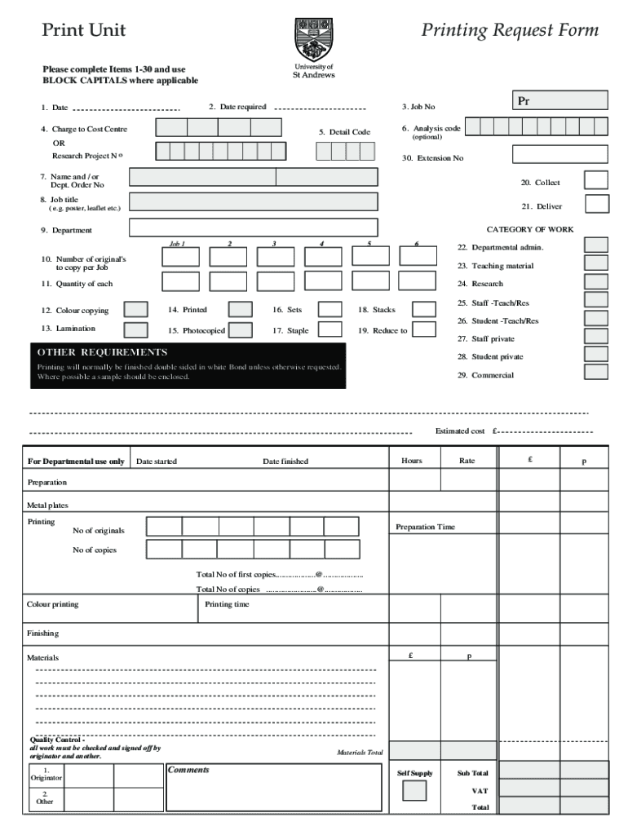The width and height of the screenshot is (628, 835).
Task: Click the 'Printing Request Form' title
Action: coord(510,31)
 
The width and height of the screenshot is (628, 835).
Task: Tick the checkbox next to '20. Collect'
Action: coord(596,181)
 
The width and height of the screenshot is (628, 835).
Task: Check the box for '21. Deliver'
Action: coord(596,205)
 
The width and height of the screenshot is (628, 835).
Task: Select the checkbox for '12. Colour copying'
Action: coord(135,310)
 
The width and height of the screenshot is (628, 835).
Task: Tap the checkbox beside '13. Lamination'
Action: coord(135,329)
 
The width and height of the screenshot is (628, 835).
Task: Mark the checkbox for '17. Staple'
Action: coord(329,329)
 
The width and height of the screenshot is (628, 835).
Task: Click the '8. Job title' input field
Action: coord(253,202)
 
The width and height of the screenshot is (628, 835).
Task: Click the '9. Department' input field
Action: coord(253,228)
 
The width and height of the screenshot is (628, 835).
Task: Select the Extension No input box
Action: coord(559,154)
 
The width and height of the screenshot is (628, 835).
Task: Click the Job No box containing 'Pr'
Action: coord(559,100)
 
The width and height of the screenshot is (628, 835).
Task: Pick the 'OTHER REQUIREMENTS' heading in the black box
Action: coord(102,352)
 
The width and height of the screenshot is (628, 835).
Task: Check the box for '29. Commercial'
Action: coord(596,372)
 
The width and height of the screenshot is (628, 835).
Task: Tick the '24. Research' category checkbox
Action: coord(596,281)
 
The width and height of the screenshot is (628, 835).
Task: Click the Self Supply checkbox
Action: coord(414,791)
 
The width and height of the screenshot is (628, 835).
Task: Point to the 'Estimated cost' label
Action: coord(460,431)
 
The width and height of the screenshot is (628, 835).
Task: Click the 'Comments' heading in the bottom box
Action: coord(188,770)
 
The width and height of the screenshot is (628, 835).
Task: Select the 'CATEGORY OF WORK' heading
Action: coord(530,230)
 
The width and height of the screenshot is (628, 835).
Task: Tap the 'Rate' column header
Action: coord(467,461)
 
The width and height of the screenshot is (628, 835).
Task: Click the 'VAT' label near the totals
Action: coord(480,791)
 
